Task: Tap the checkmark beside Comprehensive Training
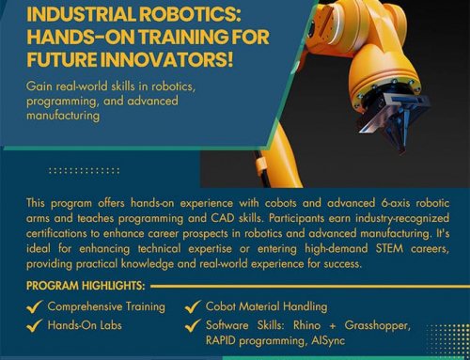click(x=35, y=307)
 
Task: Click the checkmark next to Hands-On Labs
click(x=35, y=326)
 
